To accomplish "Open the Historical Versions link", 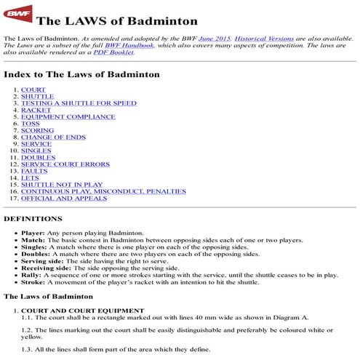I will click(260, 36).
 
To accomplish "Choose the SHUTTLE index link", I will click(37, 96).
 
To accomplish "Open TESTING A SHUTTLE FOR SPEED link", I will click(79, 103).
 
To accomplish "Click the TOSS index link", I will click(31, 124).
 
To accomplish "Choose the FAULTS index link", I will click(34, 171).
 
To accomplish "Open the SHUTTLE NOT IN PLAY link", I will click(61, 185).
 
